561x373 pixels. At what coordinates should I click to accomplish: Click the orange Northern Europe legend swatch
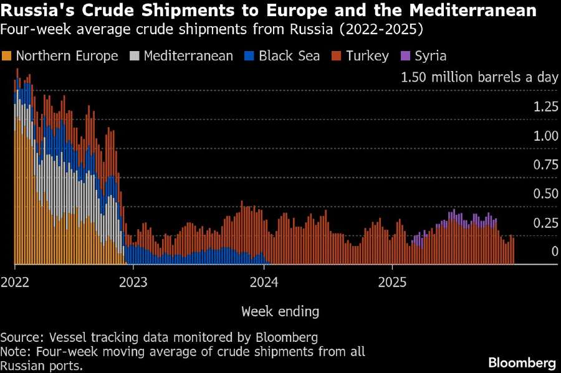coord(8,56)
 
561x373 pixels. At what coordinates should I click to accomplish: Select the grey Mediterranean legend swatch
coord(135,56)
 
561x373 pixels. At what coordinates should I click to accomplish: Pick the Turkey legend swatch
coord(337,56)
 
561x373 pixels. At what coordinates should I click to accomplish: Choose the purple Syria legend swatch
coord(405,56)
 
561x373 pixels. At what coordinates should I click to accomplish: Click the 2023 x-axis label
coord(133,281)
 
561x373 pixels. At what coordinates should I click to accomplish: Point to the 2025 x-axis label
coord(393,281)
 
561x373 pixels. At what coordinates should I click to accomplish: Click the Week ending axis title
coord(280,311)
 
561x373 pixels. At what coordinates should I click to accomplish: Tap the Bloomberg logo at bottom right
coord(522,362)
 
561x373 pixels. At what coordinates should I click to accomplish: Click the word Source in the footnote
coord(19,338)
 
